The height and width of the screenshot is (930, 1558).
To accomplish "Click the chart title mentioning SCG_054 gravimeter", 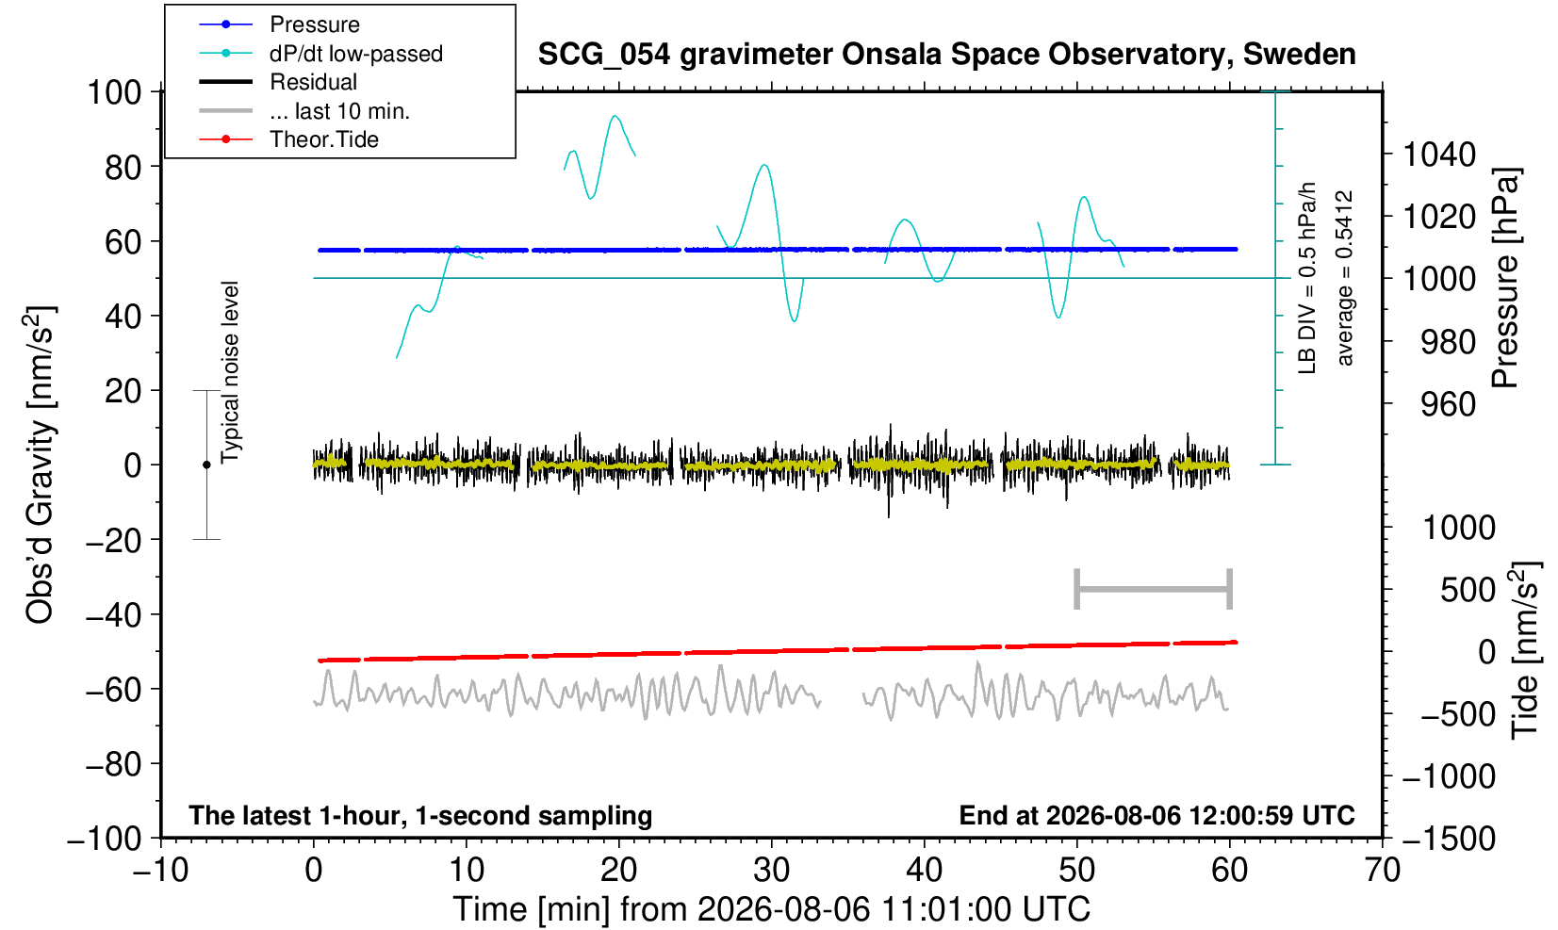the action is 946,55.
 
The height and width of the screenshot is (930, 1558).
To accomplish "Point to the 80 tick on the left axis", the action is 123,167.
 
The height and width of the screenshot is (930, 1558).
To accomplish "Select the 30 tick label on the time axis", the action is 771,871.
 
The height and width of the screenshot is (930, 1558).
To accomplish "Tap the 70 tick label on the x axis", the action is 1382,871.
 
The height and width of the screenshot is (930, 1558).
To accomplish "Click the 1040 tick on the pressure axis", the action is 1439,155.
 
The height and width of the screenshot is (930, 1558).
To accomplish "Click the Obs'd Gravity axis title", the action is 40,465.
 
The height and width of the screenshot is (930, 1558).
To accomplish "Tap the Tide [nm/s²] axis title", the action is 1525,650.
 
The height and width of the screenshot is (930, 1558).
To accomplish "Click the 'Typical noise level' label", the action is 230,372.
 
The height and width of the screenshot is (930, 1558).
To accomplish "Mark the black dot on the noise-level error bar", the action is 206,465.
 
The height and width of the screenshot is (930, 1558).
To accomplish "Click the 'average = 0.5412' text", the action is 1345,278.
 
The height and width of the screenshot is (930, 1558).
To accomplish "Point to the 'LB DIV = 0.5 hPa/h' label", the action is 1307,278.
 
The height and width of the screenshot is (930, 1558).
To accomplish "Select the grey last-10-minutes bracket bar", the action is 1154,589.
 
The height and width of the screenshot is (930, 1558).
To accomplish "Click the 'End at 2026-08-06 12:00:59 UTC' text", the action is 1156,815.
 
